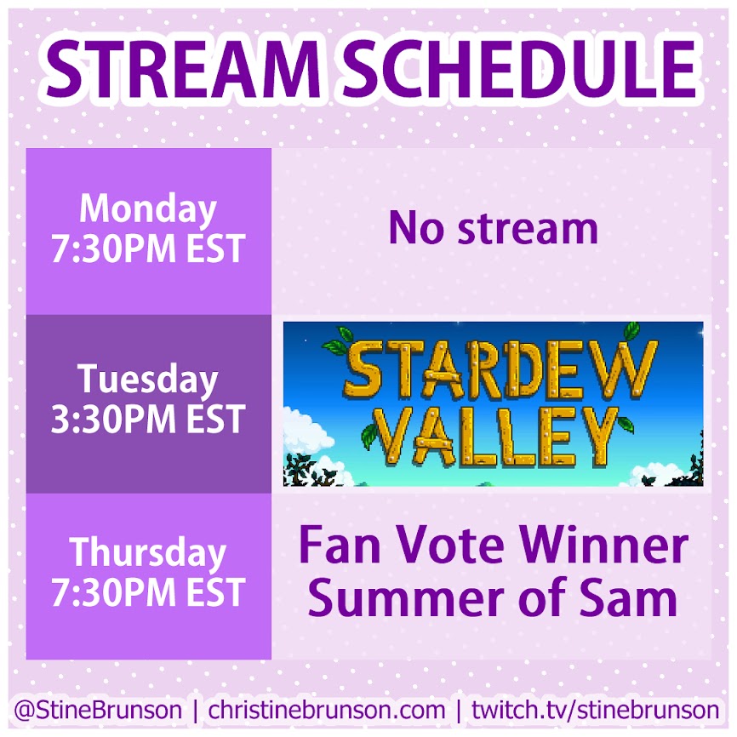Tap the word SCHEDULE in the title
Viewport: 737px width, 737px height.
tap(518, 70)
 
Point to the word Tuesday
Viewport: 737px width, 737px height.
tap(147, 380)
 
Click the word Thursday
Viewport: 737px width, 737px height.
tap(147, 553)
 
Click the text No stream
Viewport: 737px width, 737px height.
tap(493, 228)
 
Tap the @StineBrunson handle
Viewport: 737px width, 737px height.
tap(98, 710)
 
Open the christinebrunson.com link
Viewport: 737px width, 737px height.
tap(327, 710)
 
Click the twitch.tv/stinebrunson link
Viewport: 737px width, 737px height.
tap(596, 710)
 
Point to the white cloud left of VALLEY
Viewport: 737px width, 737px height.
tap(306, 435)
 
